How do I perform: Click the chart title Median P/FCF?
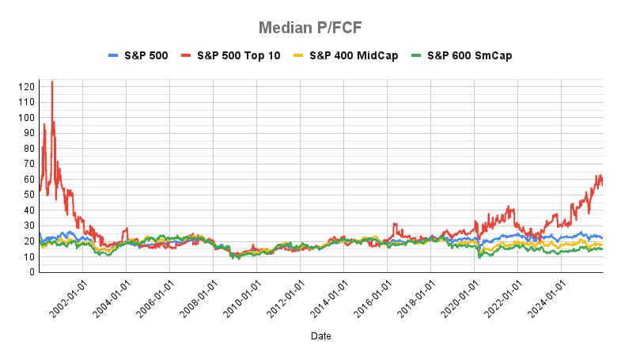(310, 28)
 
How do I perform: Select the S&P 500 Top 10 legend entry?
(238, 56)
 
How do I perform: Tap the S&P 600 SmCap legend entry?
(464, 56)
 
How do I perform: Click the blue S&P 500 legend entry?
(146, 56)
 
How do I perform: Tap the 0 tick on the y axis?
(32, 272)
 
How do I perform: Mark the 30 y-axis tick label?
(28, 225)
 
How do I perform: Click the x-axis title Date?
(320, 336)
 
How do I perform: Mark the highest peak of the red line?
(52, 81)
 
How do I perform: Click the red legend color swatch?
(187, 56)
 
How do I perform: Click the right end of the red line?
(603, 184)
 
